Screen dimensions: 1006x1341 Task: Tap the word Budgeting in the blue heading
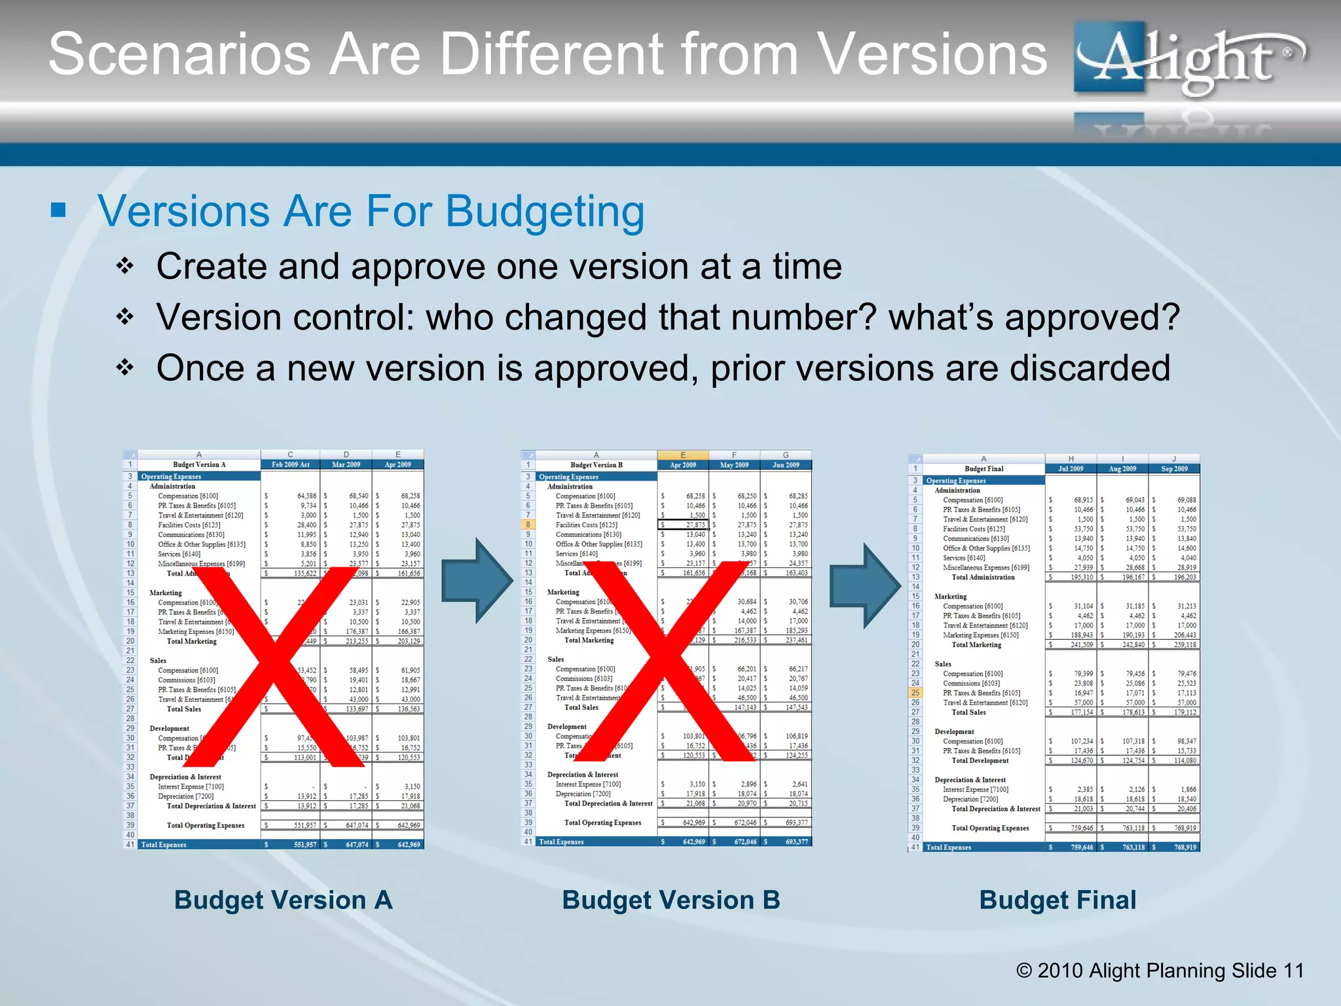click(545, 212)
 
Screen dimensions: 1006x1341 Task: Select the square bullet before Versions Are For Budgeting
click(58, 210)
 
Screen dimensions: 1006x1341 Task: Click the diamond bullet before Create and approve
click(124, 267)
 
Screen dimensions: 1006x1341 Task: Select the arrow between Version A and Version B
click(477, 580)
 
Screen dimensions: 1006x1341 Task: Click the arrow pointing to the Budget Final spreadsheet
click(865, 586)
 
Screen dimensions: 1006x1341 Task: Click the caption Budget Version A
click(283, 901)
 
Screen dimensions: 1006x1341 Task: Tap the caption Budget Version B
click(670, 901)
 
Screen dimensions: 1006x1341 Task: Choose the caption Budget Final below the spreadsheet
click(1057, 901)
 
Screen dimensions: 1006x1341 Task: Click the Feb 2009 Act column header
click(290, 464)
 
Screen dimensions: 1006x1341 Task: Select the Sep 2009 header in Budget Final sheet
click(1174, 469)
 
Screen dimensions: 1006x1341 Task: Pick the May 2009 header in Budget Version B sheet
click(734, 465)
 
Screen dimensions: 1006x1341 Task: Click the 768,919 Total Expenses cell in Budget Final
click(1185, 848)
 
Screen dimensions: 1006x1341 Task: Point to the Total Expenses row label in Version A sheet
click(164, 845)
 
